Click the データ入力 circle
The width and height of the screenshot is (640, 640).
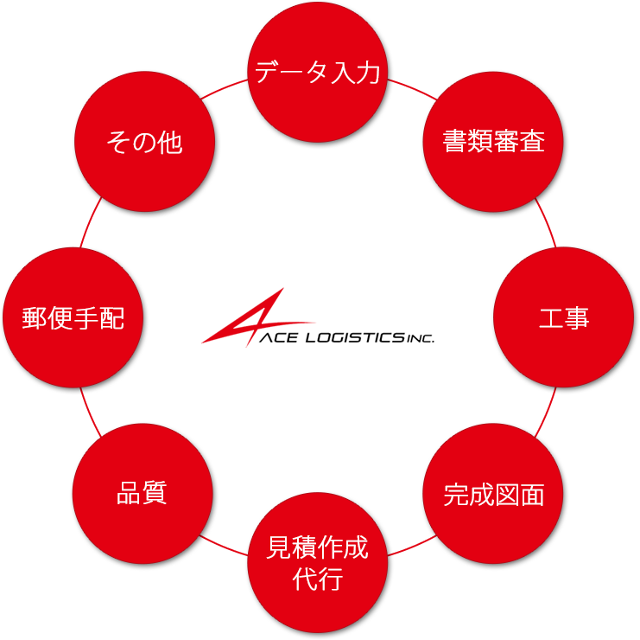point(319,86)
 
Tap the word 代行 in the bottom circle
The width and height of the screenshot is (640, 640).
point(318,578)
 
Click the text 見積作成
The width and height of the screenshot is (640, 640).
point(318,548)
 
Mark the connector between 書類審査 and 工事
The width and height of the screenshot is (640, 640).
point(542,204)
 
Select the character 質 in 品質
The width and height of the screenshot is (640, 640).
point(155,494)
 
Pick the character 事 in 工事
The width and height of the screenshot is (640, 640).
point(577,318)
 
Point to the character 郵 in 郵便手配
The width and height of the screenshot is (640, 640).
point(35,318)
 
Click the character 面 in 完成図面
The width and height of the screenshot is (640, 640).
point(531,495)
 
